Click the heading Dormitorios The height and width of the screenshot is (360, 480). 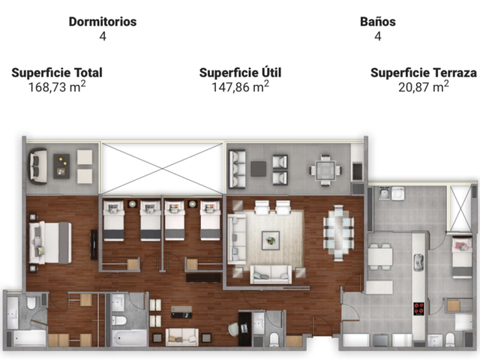[x=103, y=22]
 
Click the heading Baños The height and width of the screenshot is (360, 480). [x=378, y=22]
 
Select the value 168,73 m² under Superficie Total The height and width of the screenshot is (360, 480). [x=57, y=87]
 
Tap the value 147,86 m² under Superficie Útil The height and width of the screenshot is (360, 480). [x=240, y=87]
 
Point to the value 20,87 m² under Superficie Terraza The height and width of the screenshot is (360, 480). [x=423, y=87]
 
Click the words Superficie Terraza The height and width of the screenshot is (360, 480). [x=423, y=73]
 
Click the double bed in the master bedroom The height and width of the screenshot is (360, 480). [x=50, y=243]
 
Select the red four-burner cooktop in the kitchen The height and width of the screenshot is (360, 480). [x=418, y=308]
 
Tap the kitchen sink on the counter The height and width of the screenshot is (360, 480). [x=418, y=262]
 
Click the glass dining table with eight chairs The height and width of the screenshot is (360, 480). [x=338, y=233]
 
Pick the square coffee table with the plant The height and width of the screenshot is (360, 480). [x=271, y=240]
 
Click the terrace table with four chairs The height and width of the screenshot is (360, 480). [x=325, y=170]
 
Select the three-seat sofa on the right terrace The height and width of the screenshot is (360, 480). [x=237, y=169]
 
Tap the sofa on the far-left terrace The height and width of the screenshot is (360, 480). [x=38, y=166]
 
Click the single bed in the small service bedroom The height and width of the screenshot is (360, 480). [x=462, y=257]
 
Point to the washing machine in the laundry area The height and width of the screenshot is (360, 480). [x=398, y=193]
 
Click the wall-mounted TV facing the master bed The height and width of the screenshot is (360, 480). [x=94, y=244]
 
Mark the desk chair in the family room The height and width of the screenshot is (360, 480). [x=234, y=329]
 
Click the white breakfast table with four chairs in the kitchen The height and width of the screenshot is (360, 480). [x=380, y=256]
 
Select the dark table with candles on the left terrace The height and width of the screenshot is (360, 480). [x=61, y=166]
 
